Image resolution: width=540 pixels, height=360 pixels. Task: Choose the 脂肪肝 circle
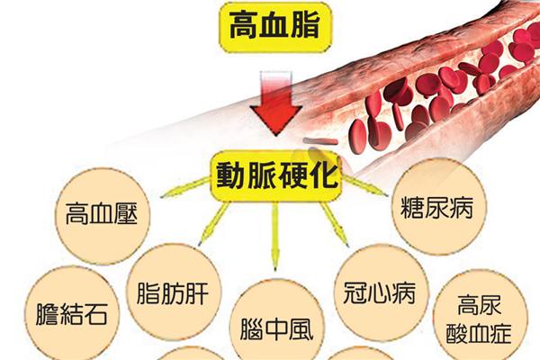tap(177, 293)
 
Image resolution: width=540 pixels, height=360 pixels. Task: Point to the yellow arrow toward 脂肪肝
tap(215, 221)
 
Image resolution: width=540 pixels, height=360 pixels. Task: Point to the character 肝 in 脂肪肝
tap(205, 293)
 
